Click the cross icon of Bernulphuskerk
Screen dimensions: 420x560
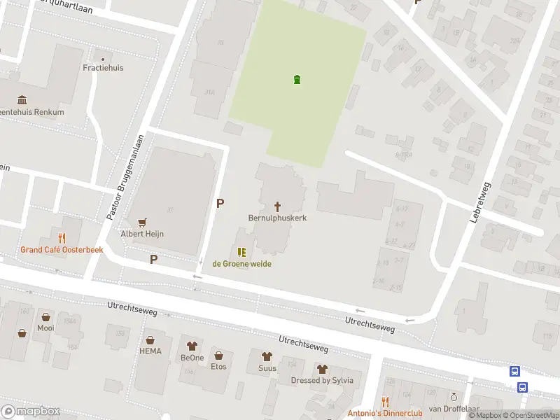[278, 206]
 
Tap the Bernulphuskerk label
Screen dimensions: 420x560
[278, 218]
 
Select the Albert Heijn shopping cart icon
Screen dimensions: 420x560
[143, 223]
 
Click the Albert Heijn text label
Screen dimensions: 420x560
[143, 234]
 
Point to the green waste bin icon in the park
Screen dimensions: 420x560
[297, 79]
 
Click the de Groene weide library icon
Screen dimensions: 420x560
[241, 252]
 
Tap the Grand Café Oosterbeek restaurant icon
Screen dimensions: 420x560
[62, 238]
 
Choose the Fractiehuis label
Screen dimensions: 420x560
[104, 68]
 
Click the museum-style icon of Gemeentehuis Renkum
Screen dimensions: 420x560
[22, 100]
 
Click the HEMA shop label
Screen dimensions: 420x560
[150, 351]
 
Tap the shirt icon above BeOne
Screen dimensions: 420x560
[192, 346]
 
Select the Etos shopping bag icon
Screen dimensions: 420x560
[218, 355]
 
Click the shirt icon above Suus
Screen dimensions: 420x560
[267, 356]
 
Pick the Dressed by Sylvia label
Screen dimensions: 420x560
[322, 381]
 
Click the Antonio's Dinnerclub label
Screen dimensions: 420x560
[385, 413]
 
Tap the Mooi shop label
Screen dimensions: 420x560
[45, 328]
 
